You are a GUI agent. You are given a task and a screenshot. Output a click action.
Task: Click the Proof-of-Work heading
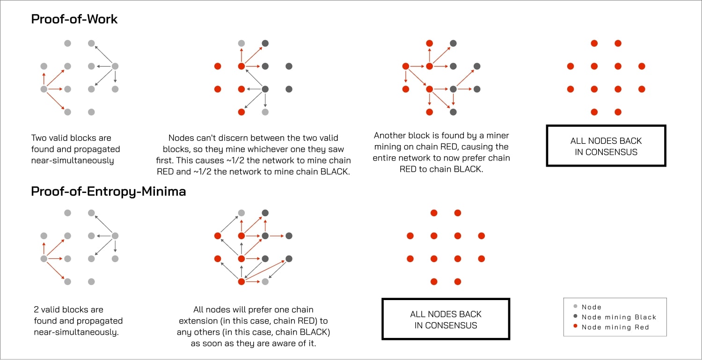coord(74,19)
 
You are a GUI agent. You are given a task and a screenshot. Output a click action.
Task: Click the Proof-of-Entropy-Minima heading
coord(108,191)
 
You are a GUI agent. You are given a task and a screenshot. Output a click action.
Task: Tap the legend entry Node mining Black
coord(619,317)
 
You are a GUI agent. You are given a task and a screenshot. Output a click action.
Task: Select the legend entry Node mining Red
coord(615,327)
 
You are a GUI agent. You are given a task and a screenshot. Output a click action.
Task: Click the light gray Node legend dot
coord(575,307)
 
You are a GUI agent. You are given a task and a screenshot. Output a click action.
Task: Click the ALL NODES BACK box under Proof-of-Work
coord(606,146)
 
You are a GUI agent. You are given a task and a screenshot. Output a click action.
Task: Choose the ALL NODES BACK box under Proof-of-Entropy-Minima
coord(446,319)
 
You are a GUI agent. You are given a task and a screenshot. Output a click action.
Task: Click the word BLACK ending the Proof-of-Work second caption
coord(335,171)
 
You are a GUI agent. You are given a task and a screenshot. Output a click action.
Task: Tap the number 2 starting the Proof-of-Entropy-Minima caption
coord(37,309)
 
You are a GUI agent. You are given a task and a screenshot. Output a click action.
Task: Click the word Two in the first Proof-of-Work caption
coord(39,138)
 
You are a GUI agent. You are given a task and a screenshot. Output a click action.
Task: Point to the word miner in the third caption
coord(497,136)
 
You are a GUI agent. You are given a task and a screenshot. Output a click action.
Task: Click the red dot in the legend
coord(575,327)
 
